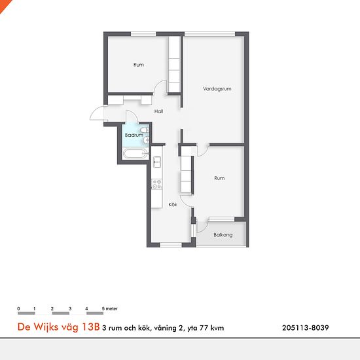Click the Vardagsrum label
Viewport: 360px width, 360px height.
pos(217,88)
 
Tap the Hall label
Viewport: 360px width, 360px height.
pos(158,111)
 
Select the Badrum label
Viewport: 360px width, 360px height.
pos(134,135)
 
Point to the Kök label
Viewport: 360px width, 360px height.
pos(173,205)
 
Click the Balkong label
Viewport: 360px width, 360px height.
pos(223,235)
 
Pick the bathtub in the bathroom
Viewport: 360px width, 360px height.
pos(135,154)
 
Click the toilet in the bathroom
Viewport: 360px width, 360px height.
pos(145,130)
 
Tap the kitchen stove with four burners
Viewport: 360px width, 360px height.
pos(157,184)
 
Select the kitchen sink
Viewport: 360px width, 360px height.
pos(157,162)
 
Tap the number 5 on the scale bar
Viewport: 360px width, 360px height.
pos(103,308)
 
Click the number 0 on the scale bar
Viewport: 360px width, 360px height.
pos(18,308)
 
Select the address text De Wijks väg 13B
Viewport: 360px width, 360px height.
pos(58,327)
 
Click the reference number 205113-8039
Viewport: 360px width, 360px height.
pos(306,328)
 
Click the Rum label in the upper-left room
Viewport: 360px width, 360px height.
pos(139,65)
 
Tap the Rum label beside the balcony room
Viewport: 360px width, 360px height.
pos(219,178)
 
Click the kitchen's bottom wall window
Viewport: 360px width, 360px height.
pos(171,245)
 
